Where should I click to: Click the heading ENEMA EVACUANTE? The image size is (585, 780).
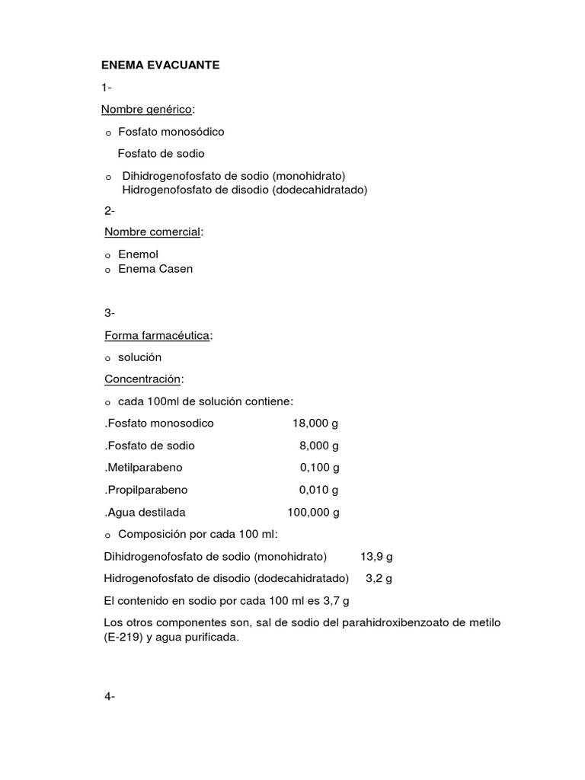(x=161, y=66)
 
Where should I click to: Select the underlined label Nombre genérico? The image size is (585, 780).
(x=147, y=110)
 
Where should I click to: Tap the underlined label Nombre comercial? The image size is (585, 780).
(x=153, y=232)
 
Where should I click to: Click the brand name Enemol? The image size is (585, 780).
(x=138, y=254)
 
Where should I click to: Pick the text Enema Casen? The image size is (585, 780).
(x=155, y=269)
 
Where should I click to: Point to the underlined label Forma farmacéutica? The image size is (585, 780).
(x=157, y=335)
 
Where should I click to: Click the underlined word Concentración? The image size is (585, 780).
(x=143, y=379)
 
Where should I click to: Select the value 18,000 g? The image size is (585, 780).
(x=315, y=423)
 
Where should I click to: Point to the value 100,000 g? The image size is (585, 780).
(x=312, y=512)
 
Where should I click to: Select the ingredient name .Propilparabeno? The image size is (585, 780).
(x=145, y=490)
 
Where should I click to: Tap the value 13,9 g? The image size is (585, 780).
(x=377, y=556)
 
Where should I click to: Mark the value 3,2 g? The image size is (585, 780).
(x=379, y=578)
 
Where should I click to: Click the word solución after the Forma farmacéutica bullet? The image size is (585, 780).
(x=139, y=357)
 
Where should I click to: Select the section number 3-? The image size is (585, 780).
(x=110, y=313)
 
